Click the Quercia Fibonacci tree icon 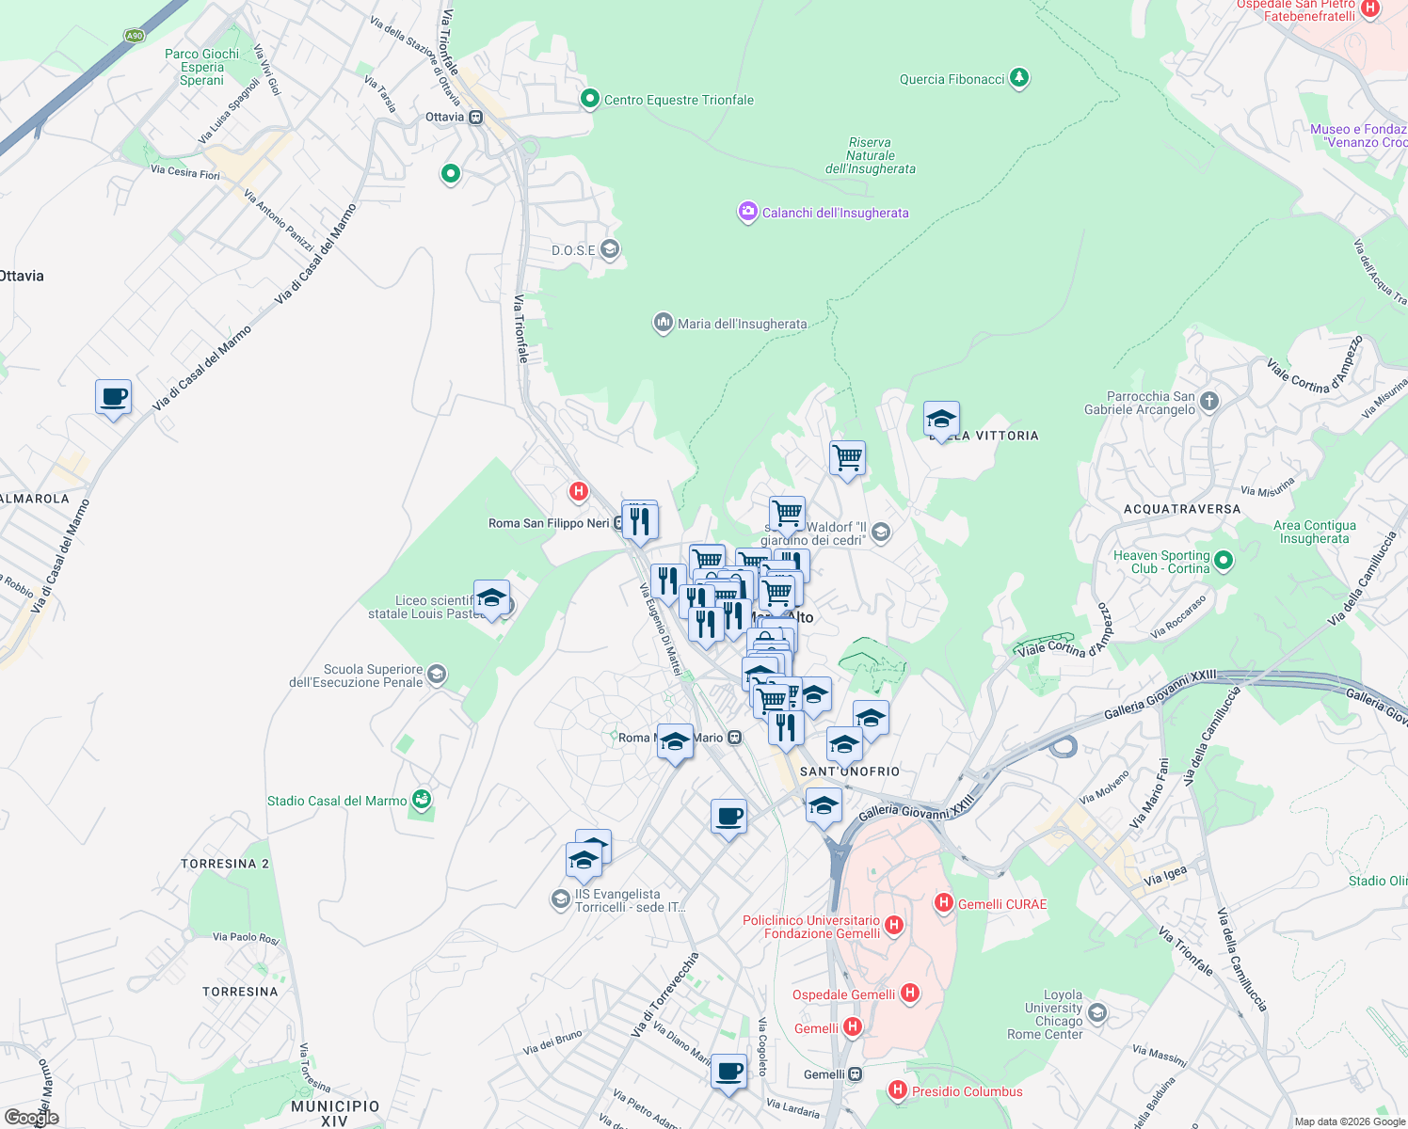tap(1018, 78)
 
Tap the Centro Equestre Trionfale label tap(679, 100)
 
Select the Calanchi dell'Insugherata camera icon tap(747, 213)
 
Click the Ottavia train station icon tap(476, 118)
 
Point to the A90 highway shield tap(135, 36)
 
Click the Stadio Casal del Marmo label tap(337, 801)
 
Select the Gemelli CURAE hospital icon tap(943, 903)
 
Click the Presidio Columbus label tap(967, 1091)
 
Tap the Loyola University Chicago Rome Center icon tap(1096, 1013)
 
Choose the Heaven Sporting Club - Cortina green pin tap(1223, 562)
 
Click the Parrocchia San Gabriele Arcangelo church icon tap(1209, 402)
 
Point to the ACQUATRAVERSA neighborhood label tap(1182, 509)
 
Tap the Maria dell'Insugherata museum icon tap(664, 324)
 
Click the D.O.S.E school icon tap(610, 249)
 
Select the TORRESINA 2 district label tap(225, 864)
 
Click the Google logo tap(32, 1118)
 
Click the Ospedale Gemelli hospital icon tap(909, 993)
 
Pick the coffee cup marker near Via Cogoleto tap(728, 1072)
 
